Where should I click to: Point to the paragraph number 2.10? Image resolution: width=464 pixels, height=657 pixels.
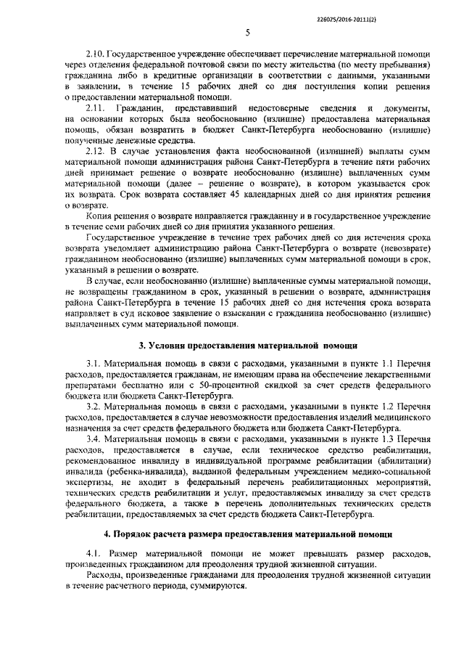pyautogui.click(x=94, y=54)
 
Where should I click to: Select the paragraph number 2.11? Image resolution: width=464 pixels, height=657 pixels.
pyautogui.click(x=94, y=107)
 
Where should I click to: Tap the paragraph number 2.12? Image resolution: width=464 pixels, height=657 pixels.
pyautogui.click(x=94, y=150)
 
